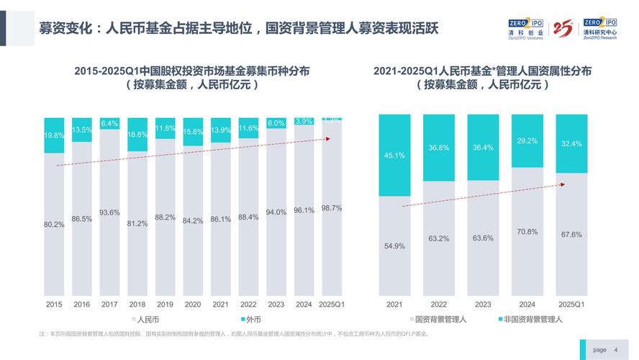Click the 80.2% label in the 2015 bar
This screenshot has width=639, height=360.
(54, 224)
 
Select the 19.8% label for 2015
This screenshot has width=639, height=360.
(54, 135)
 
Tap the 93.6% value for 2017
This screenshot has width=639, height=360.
(109, 212)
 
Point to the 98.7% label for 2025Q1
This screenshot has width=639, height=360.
(331, 208)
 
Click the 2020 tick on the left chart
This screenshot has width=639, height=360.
(193, 305)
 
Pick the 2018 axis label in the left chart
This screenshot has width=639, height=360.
(137, 305)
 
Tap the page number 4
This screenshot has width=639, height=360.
(616, 349)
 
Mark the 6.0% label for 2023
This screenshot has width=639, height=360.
(276, 123)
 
